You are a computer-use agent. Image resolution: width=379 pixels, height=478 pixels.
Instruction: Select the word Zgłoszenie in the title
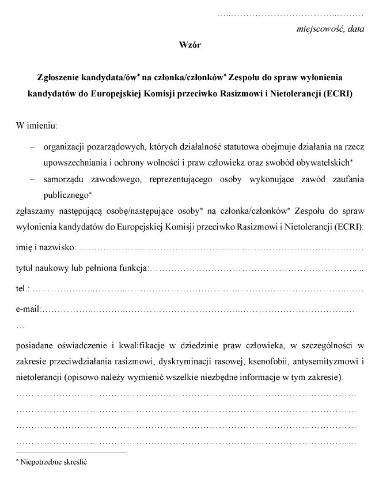pyautogui.click(x=57, y=76)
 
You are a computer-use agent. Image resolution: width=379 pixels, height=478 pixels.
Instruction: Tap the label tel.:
pyautogui.click(x=24, y=289)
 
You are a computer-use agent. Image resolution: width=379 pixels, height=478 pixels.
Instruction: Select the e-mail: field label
pyautogui.click(x=28, y=310)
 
